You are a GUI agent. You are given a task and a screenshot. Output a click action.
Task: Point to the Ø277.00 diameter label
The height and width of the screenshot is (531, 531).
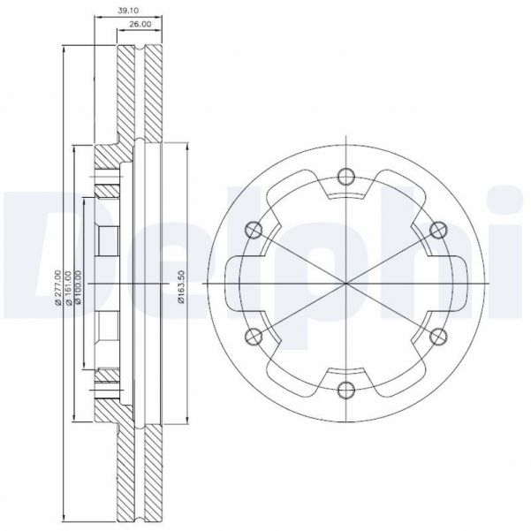pos(58,288)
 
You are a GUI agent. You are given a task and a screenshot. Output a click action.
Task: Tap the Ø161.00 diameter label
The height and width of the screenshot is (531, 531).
pos(69,288)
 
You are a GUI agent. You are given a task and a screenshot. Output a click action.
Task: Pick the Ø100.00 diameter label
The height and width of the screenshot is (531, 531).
pos(79,288)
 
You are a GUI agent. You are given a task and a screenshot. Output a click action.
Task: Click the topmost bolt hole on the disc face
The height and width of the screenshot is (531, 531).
pos(344,175)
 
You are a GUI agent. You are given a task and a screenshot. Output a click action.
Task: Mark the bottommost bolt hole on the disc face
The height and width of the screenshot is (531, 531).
pos(344,389)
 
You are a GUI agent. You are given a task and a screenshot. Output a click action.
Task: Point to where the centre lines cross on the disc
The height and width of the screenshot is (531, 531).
pos(344,282)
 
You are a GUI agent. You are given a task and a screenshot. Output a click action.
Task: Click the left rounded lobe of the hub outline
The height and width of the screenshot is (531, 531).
pos(231,282)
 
